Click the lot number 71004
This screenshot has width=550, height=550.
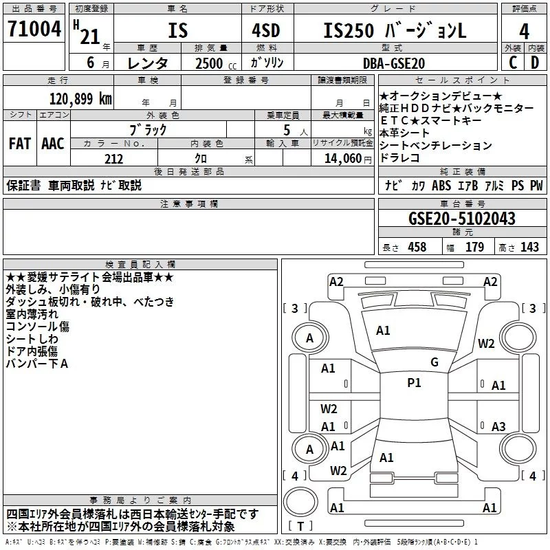point(34,29)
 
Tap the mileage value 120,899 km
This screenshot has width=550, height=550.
point(80,99)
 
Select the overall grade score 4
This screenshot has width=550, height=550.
point(524,32)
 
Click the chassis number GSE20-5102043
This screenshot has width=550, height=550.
point(462,218)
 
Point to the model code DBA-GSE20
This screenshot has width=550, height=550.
point(394,63)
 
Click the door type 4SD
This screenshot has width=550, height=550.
point(266,30)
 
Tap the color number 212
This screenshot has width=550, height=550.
point(113,159)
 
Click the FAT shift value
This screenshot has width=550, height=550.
point(20,144)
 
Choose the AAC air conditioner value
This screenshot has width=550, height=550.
point(53,144)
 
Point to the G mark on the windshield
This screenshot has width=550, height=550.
point(434,362)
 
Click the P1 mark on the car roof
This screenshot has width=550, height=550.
point(414,383)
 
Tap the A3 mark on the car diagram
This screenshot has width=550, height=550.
point(498,426)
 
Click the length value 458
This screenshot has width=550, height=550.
point(417,247)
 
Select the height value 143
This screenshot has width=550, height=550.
point(529,247)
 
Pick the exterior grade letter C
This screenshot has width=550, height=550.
point(513,63)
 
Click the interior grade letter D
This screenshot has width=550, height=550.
point(535,63)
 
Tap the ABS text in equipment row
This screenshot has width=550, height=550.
point(441,186)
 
